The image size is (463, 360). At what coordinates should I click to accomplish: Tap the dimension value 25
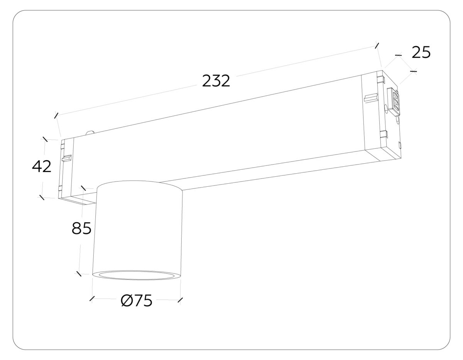tap(421, 52)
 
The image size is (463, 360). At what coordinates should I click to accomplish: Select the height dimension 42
tap(41, 167)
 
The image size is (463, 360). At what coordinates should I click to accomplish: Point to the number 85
tap(81, 228)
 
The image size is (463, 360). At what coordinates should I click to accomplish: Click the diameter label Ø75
tap(136, 301)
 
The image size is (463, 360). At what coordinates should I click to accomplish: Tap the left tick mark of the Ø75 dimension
tap(92, 299)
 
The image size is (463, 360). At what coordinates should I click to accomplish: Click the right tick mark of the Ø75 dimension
tap(180, 300)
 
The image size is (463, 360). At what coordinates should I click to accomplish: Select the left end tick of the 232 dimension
tap(57, 115)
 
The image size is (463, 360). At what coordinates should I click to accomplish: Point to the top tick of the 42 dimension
tap(46, 139)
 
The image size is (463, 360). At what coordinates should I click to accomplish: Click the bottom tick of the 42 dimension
tap(42, 197)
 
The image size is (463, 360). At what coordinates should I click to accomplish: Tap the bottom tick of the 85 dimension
tap(79, 274)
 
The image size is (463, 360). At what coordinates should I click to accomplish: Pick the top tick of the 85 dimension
tap(84, 188)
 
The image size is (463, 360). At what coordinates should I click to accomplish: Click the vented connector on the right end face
tap(394, 101)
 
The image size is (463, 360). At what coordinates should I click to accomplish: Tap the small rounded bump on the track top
tap(91, 132)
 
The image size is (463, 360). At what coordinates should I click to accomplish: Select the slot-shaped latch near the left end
tap(68, 158)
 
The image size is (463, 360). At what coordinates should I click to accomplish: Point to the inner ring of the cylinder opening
tap(136, 275)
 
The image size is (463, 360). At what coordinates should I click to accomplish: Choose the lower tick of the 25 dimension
tap(414, 71)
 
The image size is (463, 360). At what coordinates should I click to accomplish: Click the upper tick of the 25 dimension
tap(398, 56)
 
